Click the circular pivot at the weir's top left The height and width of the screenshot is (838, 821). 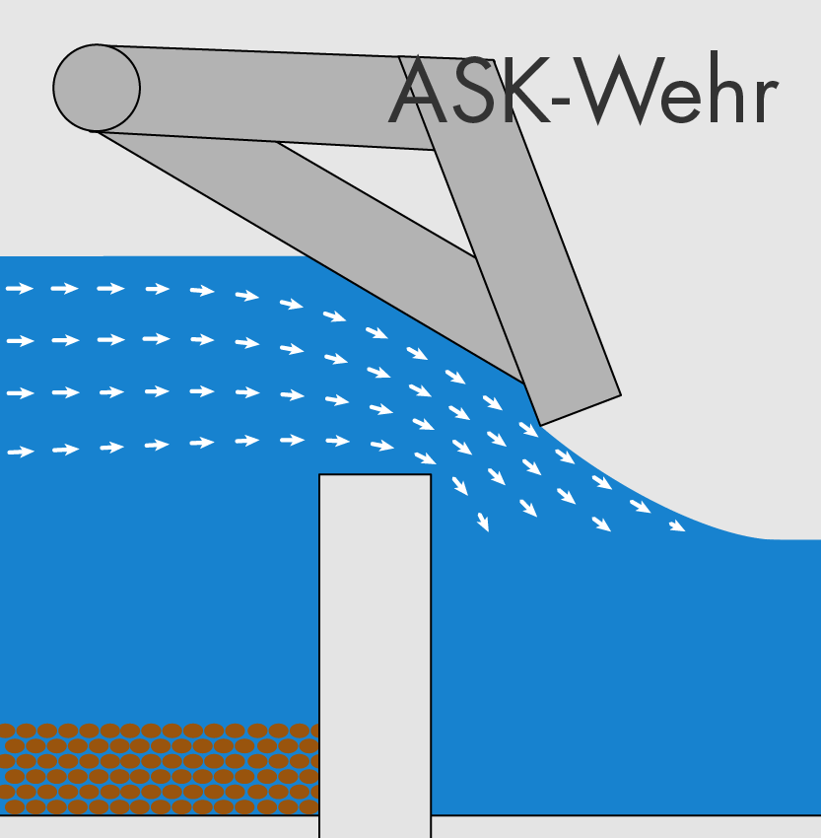click(x=97, y=88)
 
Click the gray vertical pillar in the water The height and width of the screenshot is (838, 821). click(x=375, y=651)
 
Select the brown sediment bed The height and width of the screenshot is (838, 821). click(x=158, y=768)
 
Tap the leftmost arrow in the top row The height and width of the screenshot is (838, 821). click(x=20, y=289)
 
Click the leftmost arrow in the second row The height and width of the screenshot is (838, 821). click(x=20, y=341)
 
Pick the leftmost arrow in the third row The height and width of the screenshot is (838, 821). click(x=20, y=393)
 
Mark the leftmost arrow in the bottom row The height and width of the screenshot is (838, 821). click(x=20, y=452)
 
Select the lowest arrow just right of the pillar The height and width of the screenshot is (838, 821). click(x=483, y=523)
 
